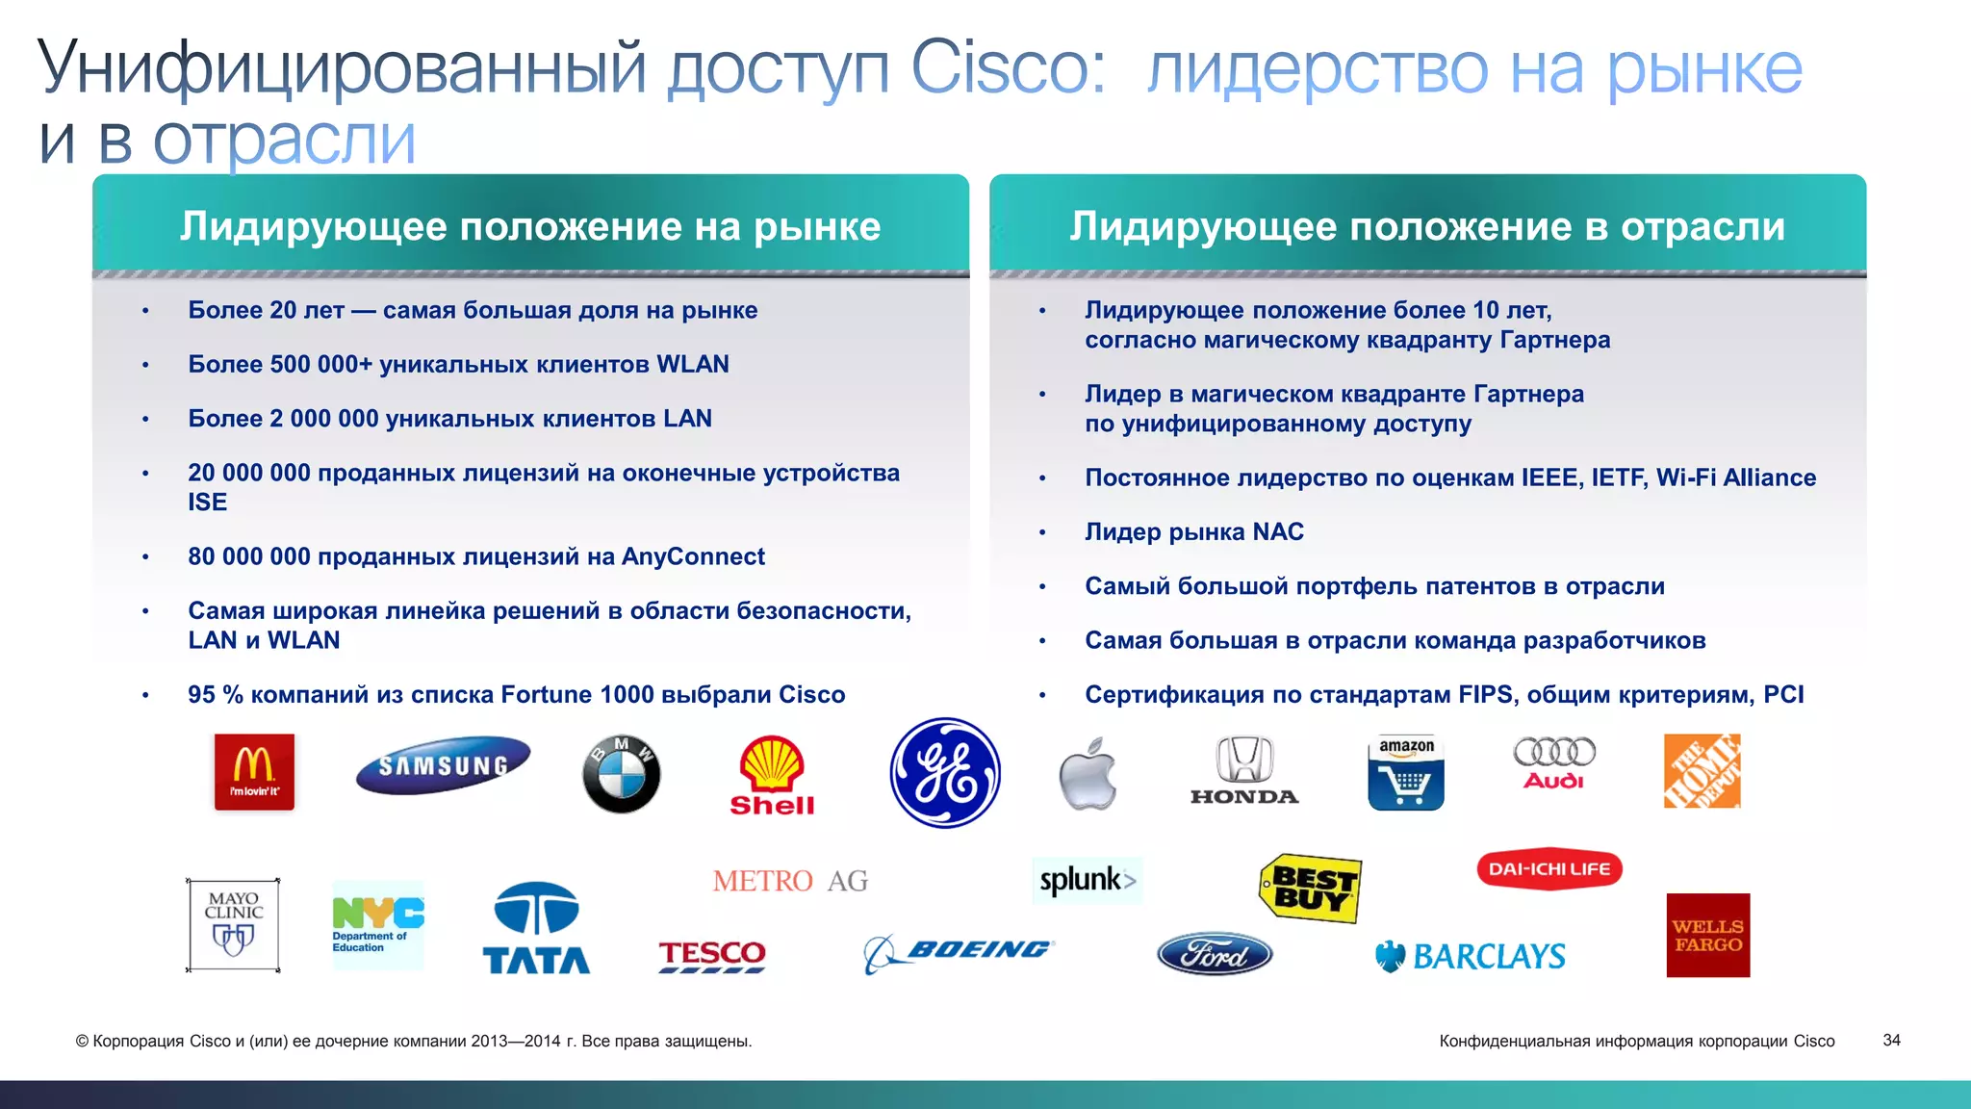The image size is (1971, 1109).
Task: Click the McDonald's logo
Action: click(x=254, y=772)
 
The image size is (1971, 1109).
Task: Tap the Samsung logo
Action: click(x=443, y=765)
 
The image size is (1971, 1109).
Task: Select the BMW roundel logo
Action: click(x=622, y=774)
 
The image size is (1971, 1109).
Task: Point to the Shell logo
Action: click(x=772, y=776)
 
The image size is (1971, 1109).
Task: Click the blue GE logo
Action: click(x=945, y=773)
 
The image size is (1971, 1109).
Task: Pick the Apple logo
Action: click(x=1088, y=774)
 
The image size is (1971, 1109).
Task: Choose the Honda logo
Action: click(x=1244, y=770)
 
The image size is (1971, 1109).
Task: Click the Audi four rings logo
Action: click(x=1554, y=763)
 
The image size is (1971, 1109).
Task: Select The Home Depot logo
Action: click(x=1702, y=771)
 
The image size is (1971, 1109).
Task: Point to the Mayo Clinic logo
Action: click(x=233, y=925)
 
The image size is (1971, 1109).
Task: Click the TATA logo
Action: click(x=536, y=929)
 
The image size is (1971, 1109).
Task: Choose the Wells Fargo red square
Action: click(x=1708, y=936)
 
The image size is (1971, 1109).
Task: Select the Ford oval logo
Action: click(x=1215, y=954)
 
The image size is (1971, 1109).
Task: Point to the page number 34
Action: click(x=1891, y=1041)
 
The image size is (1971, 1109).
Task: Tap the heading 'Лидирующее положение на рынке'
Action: click(x=530, y=226)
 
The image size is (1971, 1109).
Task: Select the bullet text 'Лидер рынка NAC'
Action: click(x=1194, y=532)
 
